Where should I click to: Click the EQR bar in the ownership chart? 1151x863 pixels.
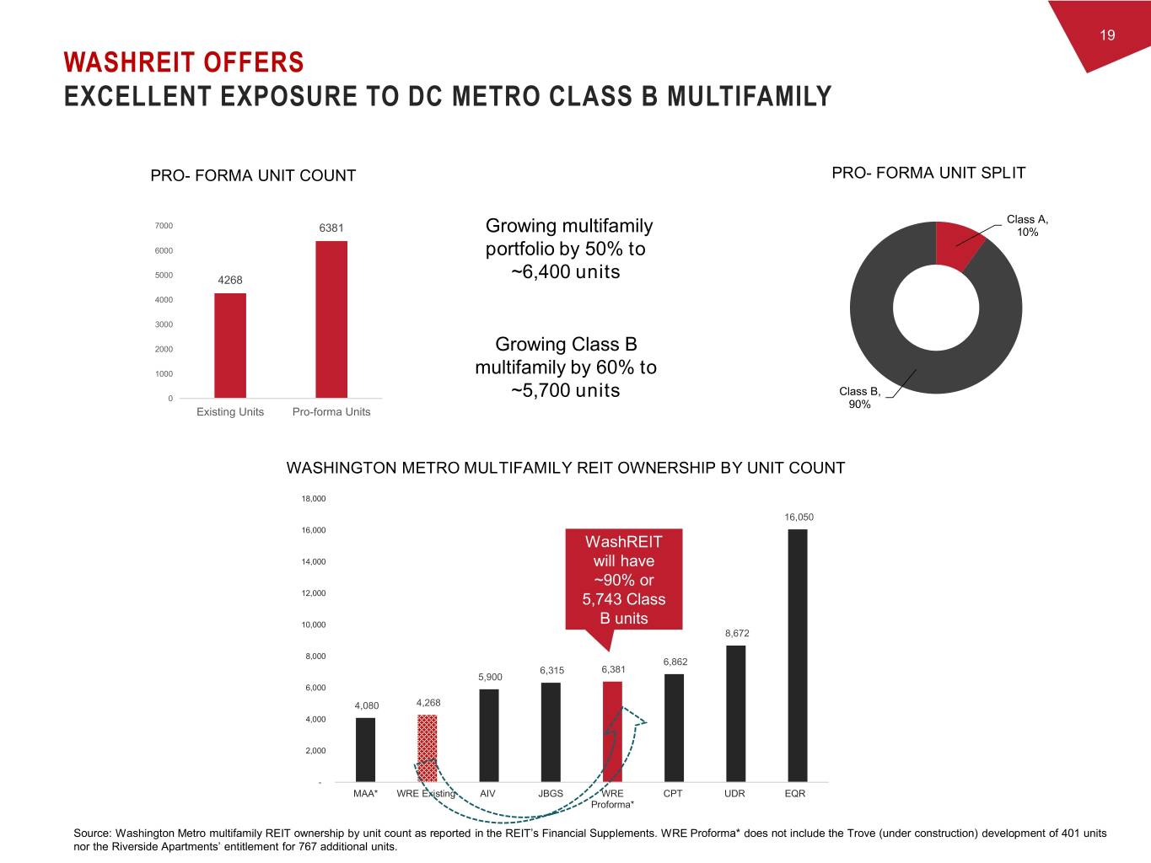(797, 656)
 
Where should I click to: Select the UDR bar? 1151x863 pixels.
(735, 713)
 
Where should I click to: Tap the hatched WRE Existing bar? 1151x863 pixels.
(428, 748)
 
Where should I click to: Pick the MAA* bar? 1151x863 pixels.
(365, 749)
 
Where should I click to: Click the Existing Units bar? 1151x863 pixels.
(230, 346)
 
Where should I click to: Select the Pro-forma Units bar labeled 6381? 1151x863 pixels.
(331, 319)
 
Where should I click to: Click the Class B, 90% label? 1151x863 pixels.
(859, 398)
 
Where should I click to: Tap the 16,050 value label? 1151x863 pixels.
(799, 517)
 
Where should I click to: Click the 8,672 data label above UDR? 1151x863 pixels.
(737, 633)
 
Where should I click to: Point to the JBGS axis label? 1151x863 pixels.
(551, 793)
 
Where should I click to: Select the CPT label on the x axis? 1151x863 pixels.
(673, 793)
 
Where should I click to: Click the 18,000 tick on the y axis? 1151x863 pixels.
(313, 499)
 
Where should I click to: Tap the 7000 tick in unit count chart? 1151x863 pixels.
(164, 226)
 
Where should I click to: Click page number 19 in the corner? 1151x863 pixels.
(1107, 35)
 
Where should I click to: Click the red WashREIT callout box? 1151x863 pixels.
(623, 580)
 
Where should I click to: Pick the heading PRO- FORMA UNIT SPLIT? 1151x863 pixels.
(928, 173)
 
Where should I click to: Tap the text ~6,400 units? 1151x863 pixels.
(565, 271)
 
